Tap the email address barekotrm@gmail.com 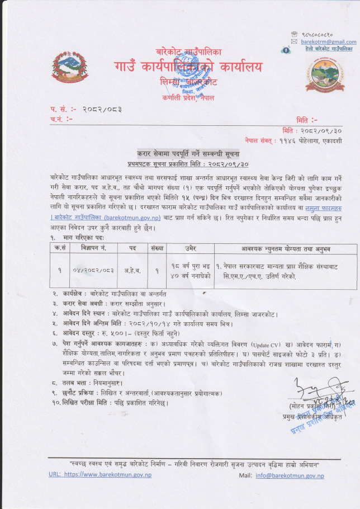pos(329,42)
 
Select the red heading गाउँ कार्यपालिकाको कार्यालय pos(189,68)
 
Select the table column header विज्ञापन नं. pos(93,247)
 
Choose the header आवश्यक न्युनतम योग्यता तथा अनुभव pos(286,247)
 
